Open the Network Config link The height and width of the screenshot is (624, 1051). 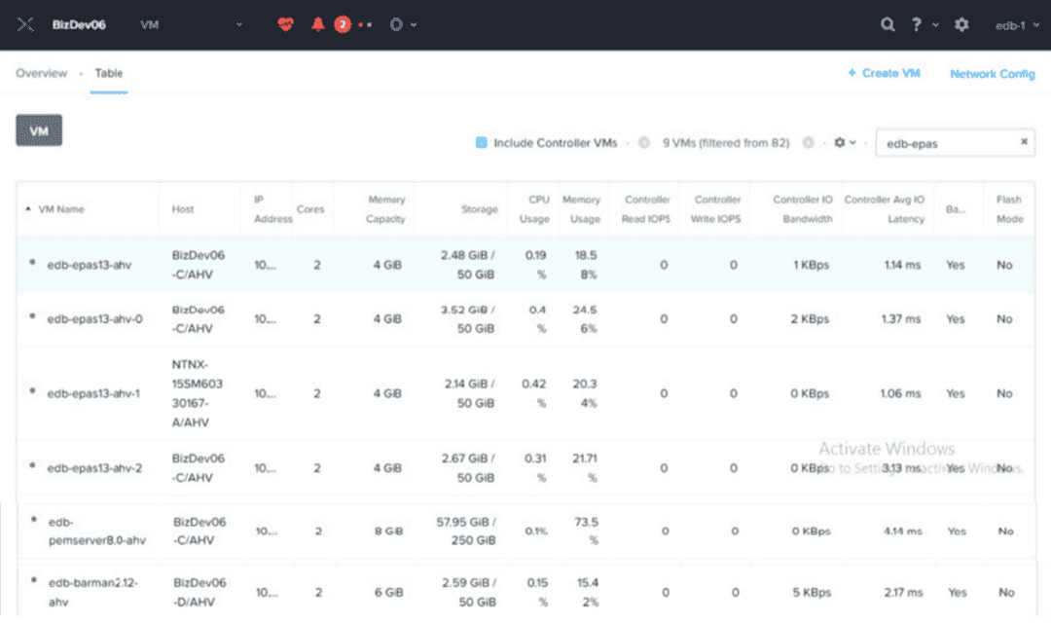pyautogui.click(x=992, y=74)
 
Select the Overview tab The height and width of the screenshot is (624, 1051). pyautogui.click(x=42, y=73)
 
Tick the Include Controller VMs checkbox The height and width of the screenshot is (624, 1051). pyautogui.click(x=481, y=143)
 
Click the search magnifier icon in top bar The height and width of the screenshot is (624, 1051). pyautogui.click(x=888, y=24)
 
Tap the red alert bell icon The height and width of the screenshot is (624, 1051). pyautogui.click(x=317, y=24)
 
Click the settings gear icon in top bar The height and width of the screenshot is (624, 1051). pyautogui.click(x=961, y=24)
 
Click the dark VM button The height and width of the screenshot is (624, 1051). pyautogui.click(x=39, y=130)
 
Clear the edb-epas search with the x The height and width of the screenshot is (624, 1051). pyautogui.click(x=1024, y=142)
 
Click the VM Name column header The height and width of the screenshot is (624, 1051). pyautogui.click(x=61, y=209)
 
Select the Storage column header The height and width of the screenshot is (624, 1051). pyautogui.click(x=480, y=209)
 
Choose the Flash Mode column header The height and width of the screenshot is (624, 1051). pyautogui.click(x=1009, y=209)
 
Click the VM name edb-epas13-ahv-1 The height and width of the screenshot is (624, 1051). pyautogui.click(x=93, y=394)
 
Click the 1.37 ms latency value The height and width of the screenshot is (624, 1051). pyautogui.click(x=900, y=319)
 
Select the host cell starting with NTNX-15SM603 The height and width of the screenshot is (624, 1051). pyautogui.click(x=198, y=394)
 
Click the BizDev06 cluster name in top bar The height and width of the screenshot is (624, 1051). pyautogui.click(x=78, y=24)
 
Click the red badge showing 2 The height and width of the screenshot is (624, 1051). pyautogui.click(x=343, y=24)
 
